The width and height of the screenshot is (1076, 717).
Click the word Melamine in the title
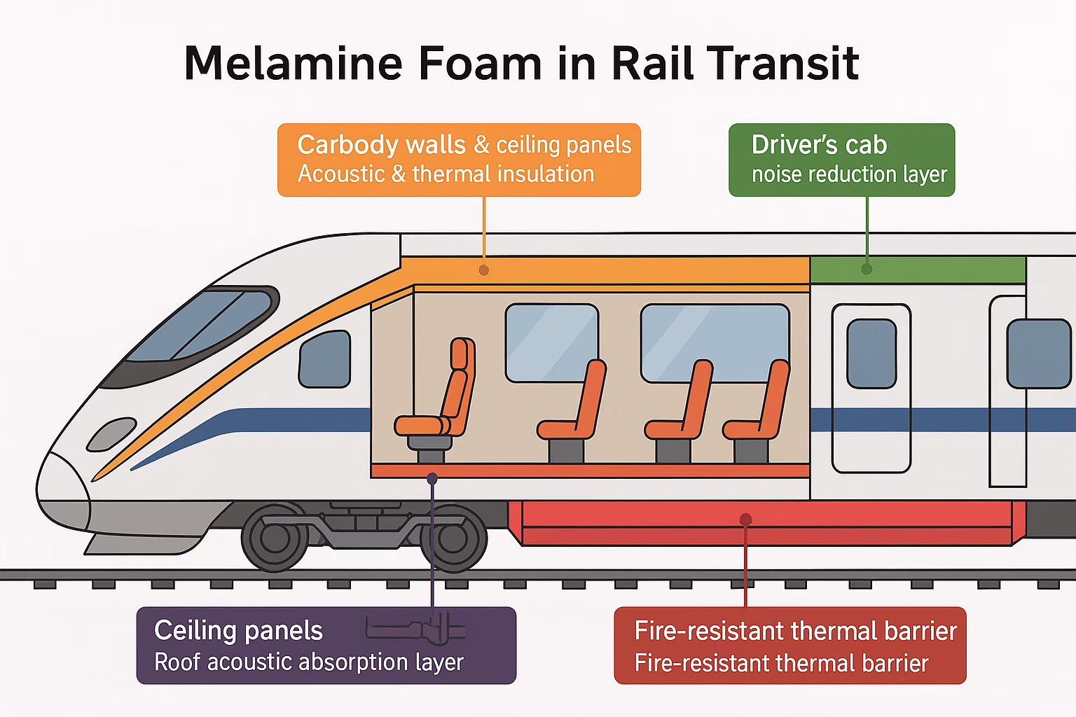(x=293, y=63)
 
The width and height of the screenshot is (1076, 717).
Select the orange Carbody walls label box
(x=459, y=160)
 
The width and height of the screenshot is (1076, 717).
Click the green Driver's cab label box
(x=841, y=160)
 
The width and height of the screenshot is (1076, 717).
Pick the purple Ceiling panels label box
(x=326, y=645)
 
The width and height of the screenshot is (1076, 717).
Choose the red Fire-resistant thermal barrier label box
(x=790, y=645)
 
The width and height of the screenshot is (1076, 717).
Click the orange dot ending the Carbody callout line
(x=484, y=270)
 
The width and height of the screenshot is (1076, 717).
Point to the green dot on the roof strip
(x=867, y=269)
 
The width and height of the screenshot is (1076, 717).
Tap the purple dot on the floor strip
(x=432, y=478)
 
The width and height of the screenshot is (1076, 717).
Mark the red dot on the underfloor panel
(x=745, y=519)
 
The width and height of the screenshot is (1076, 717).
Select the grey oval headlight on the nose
(x=111, y=434)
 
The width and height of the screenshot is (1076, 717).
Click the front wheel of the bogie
(x=275, y=537)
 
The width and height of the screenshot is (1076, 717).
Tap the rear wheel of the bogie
(x=453, y=538)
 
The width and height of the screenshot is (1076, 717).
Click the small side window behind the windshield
(x=325, y=359)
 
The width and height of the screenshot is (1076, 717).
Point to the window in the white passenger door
(x=871, y=354)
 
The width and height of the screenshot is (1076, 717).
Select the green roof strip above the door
(x=918, y=270)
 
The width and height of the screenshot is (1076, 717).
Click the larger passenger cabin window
(x=715, y=343)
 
